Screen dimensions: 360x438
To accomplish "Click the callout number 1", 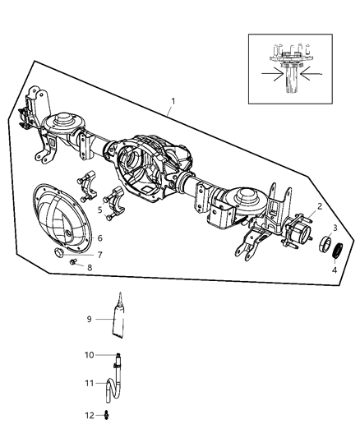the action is point(173,101).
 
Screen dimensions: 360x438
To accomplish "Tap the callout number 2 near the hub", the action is point(320,206).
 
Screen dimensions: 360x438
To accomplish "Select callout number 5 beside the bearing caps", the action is point(100,210).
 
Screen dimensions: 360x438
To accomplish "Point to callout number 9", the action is point(89,319).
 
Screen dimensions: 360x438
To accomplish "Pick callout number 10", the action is point(90,355).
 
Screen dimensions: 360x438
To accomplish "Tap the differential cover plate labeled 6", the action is point(62,219).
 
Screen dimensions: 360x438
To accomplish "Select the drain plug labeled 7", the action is point(58,252).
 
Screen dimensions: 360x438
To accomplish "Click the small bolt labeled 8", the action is point(73,262).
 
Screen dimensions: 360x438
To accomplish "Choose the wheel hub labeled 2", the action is point(298,233).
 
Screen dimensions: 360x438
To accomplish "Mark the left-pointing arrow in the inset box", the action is point(311,74).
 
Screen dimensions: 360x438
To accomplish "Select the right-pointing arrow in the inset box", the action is point(272,74).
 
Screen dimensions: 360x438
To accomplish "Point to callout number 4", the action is point(335,270).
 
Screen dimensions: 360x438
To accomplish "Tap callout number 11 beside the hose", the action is point(90,383).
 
